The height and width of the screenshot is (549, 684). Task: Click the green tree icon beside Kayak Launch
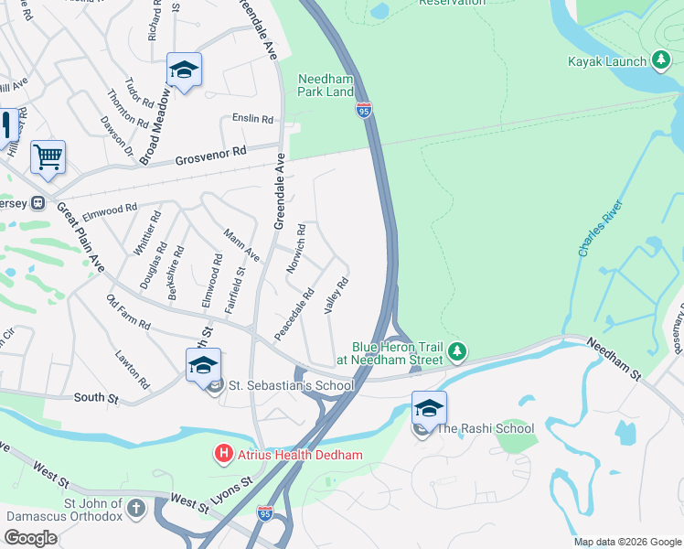click(x=660, y=61)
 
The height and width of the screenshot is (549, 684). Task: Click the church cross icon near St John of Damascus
click(x=135, y=508)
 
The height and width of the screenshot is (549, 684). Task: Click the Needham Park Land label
click(x=326, y=85)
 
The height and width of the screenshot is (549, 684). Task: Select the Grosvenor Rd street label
click(x=213, y=156)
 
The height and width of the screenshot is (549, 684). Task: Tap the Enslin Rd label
click(x=253, y=119)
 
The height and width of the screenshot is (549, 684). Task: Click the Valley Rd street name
click(x=337, y=297)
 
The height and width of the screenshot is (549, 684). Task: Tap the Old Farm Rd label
click(x=127, y=313)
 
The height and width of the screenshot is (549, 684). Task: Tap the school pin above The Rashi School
click(x=429, y=409)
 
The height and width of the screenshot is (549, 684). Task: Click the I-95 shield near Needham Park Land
click(x=364, y=111)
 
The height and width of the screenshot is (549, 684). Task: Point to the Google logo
click(x=30, y=538)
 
